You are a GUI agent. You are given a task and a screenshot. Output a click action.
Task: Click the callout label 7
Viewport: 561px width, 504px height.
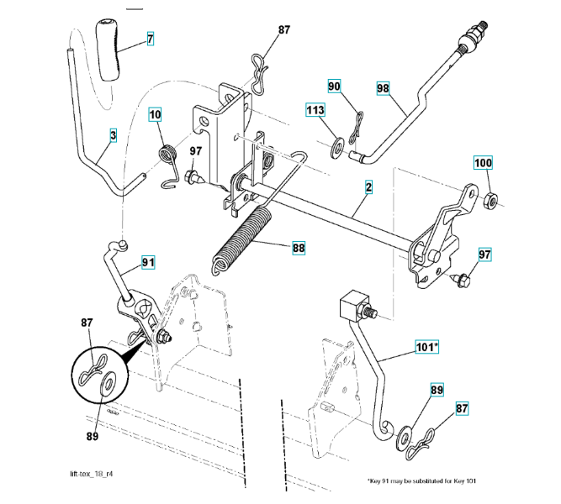pyautogui.click(x=151, y=38)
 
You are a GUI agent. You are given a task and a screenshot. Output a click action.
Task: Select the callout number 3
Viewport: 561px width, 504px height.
pyautogui.click(x=114, y=134)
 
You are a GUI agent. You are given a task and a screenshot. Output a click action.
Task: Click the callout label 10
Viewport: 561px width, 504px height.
pyautogui.click(x=156, y=114)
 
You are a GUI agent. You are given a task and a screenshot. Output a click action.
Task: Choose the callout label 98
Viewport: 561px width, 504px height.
pyautogui.click(x=384, y=87)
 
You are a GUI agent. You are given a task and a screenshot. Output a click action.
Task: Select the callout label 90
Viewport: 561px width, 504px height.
pyautogui.click(x=335, y=87)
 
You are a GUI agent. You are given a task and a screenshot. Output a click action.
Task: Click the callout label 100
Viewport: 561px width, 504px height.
pyautogui.click(x=485, y=163)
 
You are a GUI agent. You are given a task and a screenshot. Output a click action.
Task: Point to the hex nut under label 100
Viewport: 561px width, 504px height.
pyautogui.click(x=490, y=199)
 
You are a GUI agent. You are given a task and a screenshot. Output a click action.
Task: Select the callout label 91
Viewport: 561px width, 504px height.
pyautogui.click(x=148, y=261)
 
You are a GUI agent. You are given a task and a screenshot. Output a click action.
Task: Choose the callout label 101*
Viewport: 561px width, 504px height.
pyautogui.click(x=429, y=346)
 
